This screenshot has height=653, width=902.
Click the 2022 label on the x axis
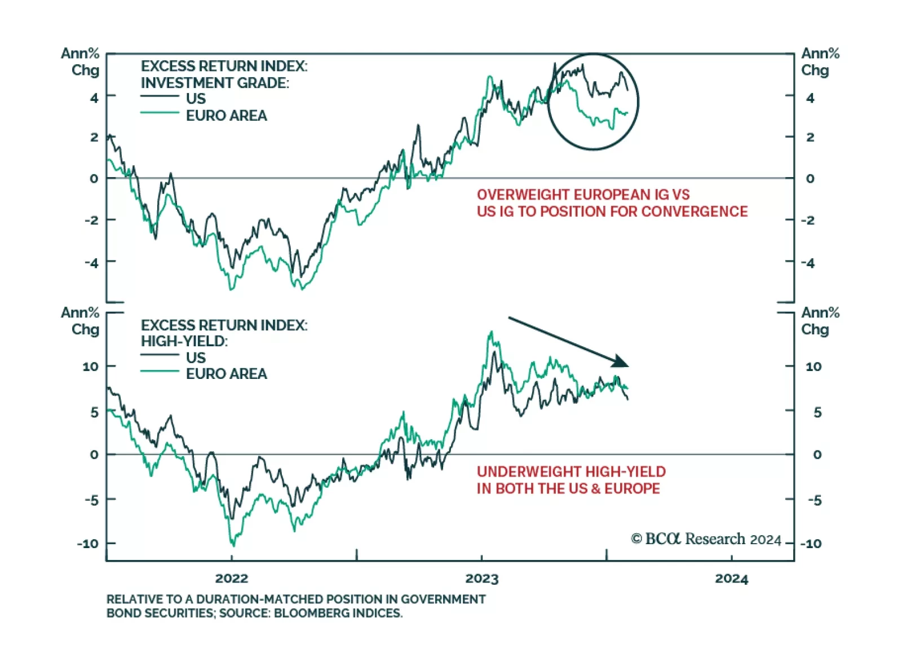point(231,579)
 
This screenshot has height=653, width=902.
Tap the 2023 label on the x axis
point(481,579)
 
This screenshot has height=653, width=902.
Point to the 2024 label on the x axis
point(731,579)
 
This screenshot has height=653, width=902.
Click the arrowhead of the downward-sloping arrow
point(621,361)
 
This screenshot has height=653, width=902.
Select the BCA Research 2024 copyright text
point(706,539)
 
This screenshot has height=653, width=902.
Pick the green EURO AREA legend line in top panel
point(160,113)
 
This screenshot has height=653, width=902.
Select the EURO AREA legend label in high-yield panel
point(226,374)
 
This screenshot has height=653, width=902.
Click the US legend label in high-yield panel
point(196,358)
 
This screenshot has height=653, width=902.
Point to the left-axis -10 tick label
point(88,544)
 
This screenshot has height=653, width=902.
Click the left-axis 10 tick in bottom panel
point(90,367)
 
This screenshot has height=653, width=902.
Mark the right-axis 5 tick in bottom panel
point(817,412)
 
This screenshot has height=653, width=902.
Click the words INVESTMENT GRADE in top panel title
point(214,83)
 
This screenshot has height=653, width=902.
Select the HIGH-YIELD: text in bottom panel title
point(184,341)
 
